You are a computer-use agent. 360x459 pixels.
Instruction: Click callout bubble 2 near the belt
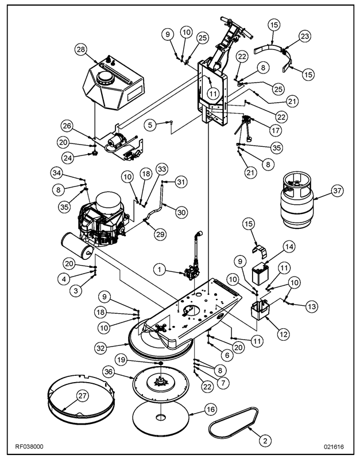(265, 441)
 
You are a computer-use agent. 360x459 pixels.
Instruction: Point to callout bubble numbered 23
(304, 36)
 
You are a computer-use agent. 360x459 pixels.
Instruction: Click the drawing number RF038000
(29, 446)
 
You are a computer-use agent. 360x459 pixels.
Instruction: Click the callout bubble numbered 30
(181, 212)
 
